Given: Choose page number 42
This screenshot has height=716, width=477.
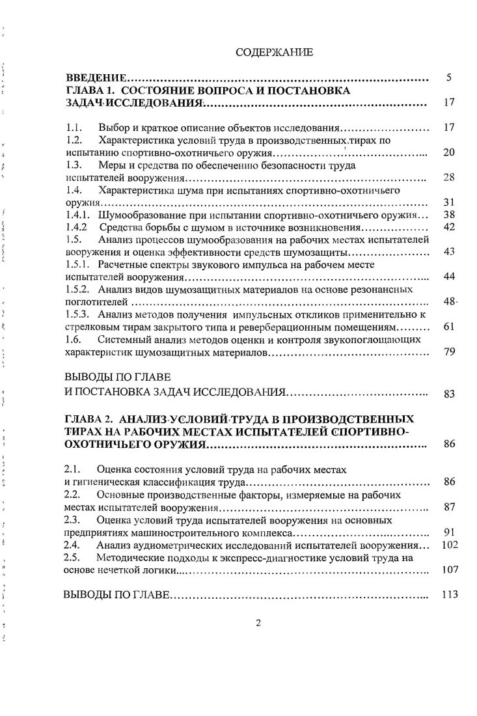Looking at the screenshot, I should [448, 227].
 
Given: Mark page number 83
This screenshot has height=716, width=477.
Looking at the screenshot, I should [448, 393].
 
